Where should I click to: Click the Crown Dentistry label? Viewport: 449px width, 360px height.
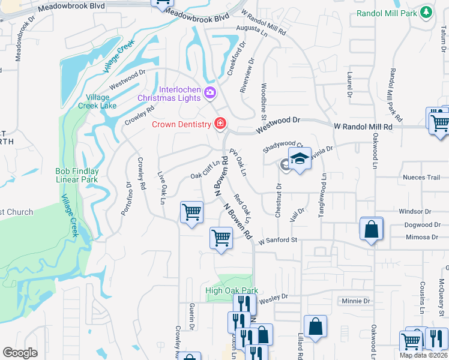[181, 124]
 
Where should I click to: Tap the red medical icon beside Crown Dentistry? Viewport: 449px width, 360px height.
[220, 124]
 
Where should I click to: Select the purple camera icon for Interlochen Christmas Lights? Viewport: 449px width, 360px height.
[210, 92]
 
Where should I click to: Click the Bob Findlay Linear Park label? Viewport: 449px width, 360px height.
[77, 175]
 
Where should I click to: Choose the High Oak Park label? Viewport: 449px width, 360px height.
[232, 291]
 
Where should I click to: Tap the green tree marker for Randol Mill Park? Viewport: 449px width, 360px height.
[426, 12]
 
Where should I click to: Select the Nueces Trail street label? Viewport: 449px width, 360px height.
[424, 178]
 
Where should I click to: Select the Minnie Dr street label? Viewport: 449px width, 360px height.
[355, 301]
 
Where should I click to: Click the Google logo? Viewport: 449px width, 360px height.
[20, 352]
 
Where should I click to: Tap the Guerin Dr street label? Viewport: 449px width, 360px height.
[192, 316]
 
